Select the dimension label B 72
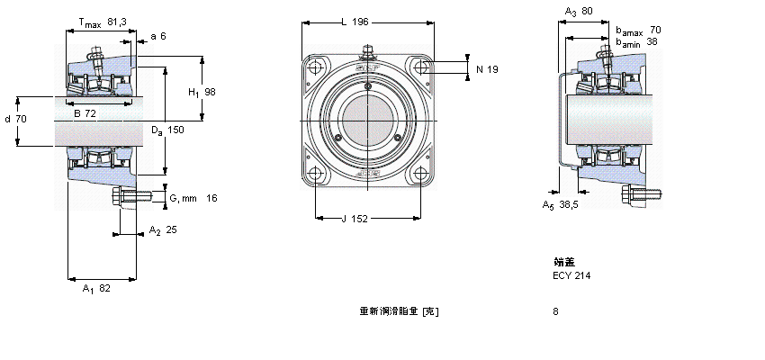pyautogui.click(x=85, y=112)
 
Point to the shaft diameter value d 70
pyautogui.click(x=15, y=118)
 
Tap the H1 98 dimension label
pyautogui.click(x=202, y=93)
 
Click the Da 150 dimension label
pyautogui.click(x=167, y=130)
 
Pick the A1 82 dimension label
pyautogui.click(x=95, y=288)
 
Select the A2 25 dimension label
pyautogui.click(x=162, y=229)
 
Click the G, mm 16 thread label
pyautogui.click(x=193, y=197)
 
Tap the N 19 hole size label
pyautogui.click(x=486, y=68)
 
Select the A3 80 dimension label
pyautogui.click(x=578, y=12)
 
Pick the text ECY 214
pyautogui.click(x=571, y=275)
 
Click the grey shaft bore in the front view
pyautogui.click(x=367, y=121)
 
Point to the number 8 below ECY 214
pyautogui.click(x=556, y=311)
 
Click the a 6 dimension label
pyautogui.click(x=158, y=37)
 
